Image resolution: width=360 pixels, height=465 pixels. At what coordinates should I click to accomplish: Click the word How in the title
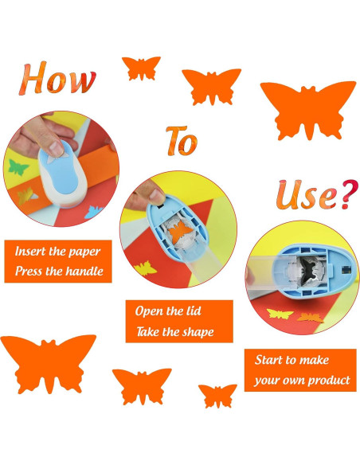(57, 78)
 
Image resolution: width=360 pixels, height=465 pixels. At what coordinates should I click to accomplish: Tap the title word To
(182, 141)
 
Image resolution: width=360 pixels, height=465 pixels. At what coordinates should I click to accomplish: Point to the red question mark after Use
(349, 194)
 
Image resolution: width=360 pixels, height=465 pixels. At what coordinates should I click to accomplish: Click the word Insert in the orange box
(29, 252)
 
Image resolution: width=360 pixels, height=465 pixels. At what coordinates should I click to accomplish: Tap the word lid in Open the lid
(193, 311)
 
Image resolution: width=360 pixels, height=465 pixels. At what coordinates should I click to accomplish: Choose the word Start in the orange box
(268, 360)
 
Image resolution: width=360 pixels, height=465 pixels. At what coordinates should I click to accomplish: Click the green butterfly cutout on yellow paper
(18, 167)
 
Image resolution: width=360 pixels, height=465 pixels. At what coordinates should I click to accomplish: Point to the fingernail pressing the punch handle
(56, 147)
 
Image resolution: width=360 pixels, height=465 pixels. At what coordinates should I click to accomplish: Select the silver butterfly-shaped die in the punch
(311, 269)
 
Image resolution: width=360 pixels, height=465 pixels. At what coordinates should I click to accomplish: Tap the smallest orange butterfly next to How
(141, 68)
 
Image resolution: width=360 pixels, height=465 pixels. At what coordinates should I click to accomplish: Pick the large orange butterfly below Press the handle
(48, 364)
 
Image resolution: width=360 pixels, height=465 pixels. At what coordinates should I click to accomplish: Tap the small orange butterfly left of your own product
(217, 395)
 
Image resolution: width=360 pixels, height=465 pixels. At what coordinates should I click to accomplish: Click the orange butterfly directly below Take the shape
(142, 386)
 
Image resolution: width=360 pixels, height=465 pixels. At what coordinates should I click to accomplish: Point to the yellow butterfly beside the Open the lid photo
(145, 268)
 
